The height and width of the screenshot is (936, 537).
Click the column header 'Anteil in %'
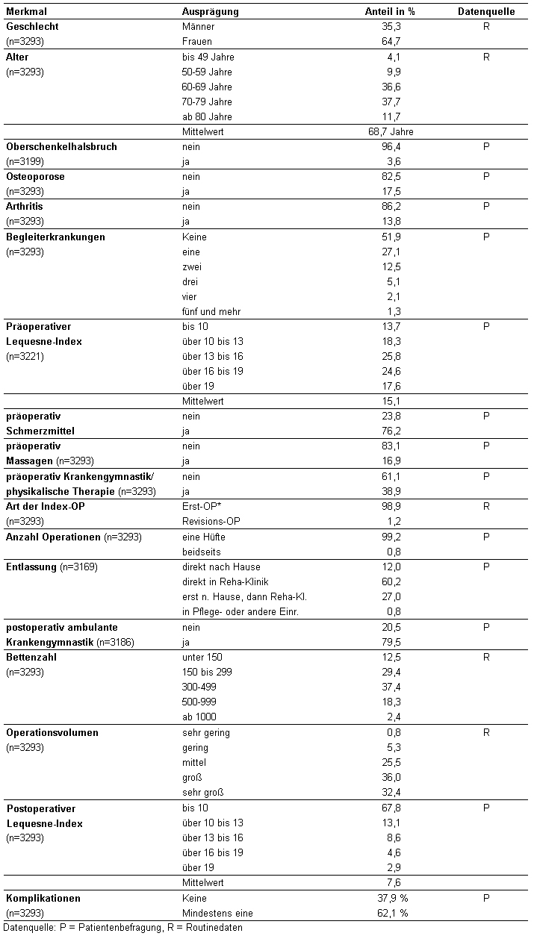389,12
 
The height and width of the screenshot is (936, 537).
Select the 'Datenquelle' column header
486,12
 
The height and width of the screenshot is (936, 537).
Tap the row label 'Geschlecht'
32,27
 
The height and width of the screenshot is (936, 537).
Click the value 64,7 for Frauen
390,42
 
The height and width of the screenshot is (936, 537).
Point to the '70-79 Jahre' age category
207,102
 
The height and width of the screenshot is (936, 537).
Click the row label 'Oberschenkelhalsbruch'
61,147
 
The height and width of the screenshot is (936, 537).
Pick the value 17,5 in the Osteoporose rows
390,192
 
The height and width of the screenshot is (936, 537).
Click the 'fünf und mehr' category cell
211,311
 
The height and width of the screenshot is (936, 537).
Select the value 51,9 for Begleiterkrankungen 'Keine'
390,237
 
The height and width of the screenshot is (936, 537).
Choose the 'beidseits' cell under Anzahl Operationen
201,552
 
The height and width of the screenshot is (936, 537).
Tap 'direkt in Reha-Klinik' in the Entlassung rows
226,581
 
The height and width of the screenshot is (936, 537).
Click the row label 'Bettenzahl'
31,658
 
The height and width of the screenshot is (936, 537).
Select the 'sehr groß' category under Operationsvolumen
203,792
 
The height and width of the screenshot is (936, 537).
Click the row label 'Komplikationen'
43,898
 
